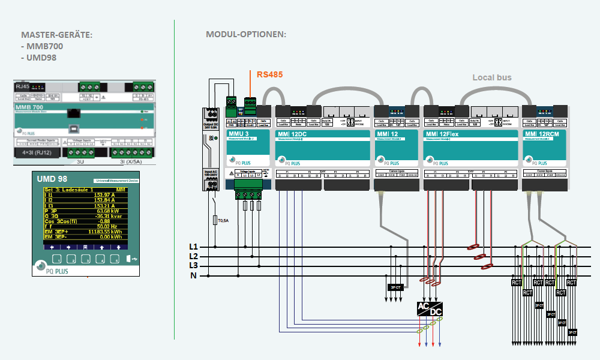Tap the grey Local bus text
pos(491,77)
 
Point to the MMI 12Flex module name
pos(443,134)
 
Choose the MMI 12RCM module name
pos(542,134)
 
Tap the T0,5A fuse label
pos(223,221)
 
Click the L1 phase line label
pos(193,247)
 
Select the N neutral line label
pos(193,275)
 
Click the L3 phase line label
pos(193,266)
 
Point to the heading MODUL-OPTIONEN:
pos(246,34)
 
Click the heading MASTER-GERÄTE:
pos(56,35)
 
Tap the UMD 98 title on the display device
pos(52,179)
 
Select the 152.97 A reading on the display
pos(104,195)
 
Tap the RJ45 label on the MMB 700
pos(22,86)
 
